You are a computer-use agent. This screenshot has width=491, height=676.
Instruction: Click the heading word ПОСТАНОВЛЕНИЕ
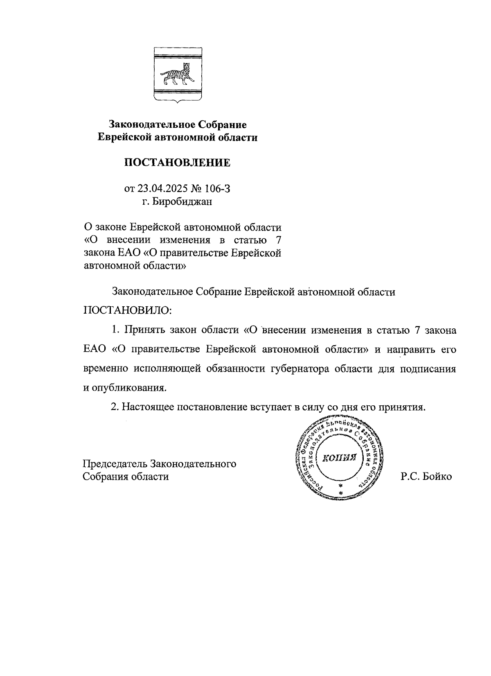(x=177, y=163)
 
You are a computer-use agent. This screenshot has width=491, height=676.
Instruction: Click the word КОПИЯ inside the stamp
(x=340, y=458)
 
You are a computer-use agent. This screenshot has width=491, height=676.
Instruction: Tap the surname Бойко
(x=437, y=477)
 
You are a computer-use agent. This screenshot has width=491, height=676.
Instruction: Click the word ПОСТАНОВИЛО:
(x=128, y=310)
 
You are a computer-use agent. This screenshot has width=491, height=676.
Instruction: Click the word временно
(x=106, y=368)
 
